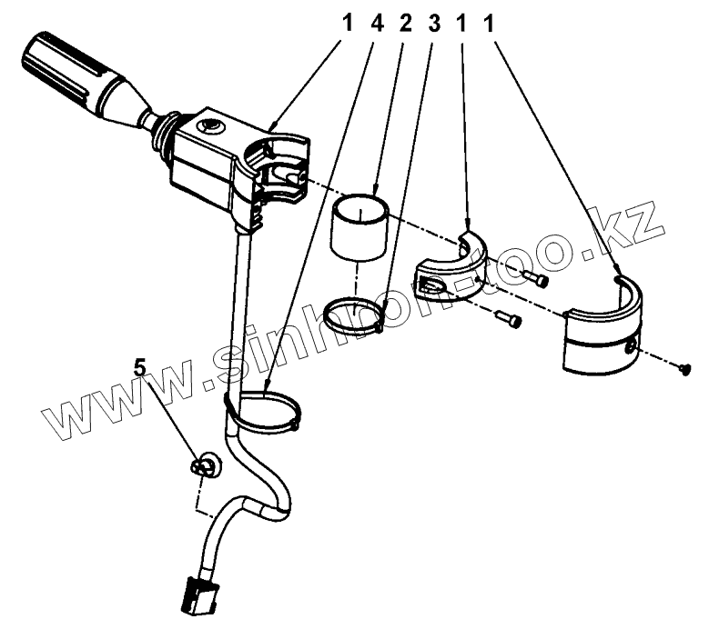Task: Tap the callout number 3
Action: pyautogui.click(x=434, y=25)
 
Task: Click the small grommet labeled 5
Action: pyautogui.click(x=206, y=466)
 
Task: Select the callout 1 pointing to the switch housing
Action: pyautogui.click(x=345, y=25)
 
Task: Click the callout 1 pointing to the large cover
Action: pyautogui.click(x=492, y=25)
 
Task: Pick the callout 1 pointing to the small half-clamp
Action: pyautogui.click(x=463, y=25)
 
